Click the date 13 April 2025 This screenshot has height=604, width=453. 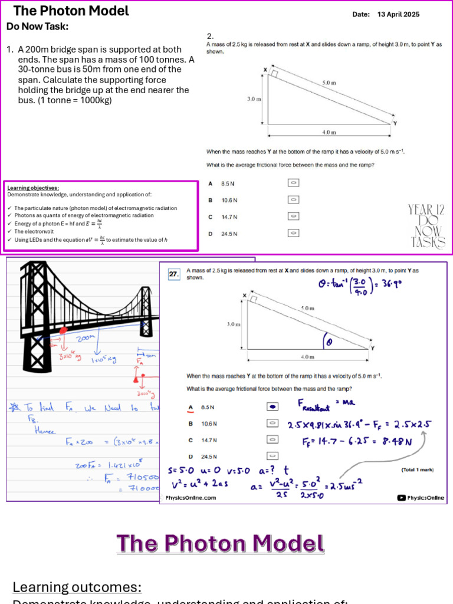(x=398, y=14)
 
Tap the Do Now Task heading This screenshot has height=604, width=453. (x=37, y=27)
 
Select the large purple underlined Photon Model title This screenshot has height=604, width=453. (x=220, y=543)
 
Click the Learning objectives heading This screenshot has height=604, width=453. (x=33, y=188)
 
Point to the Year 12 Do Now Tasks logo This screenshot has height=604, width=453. (x=426, y=226)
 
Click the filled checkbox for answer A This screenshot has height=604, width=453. (x=273, y=407)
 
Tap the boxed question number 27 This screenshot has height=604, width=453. (x=173, y=274)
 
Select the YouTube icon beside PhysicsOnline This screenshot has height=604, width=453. (x=402, y=498)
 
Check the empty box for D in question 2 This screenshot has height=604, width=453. (x=293, y=233)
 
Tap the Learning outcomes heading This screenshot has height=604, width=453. (x=77, y=587)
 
